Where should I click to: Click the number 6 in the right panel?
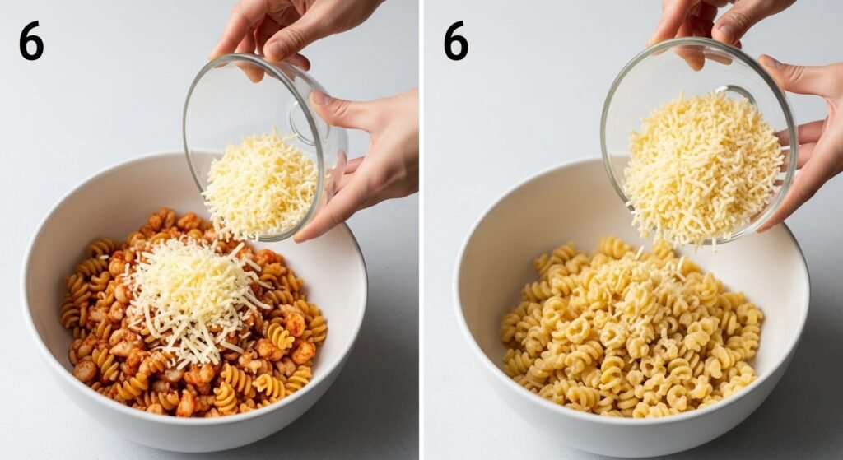(456, 41)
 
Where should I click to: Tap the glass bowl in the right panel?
(699, 141)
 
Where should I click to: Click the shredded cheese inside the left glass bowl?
(260, 185)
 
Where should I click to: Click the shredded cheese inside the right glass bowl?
(702, 166)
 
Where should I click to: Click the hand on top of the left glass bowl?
(291, 30)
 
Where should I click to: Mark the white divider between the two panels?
(421, 230)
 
